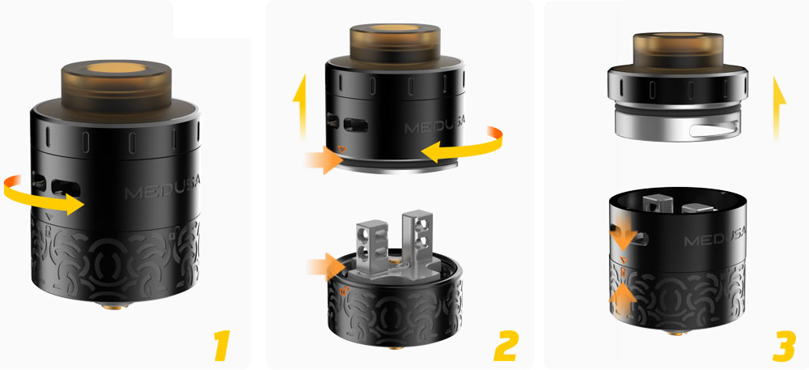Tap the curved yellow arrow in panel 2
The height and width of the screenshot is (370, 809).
pyautogui.click(x=465, y=146)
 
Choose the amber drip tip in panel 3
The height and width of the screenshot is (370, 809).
pyautogui.click(x=678, y=52)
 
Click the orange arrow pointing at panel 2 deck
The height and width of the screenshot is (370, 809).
pyautogui.click(x=323, y=264)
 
